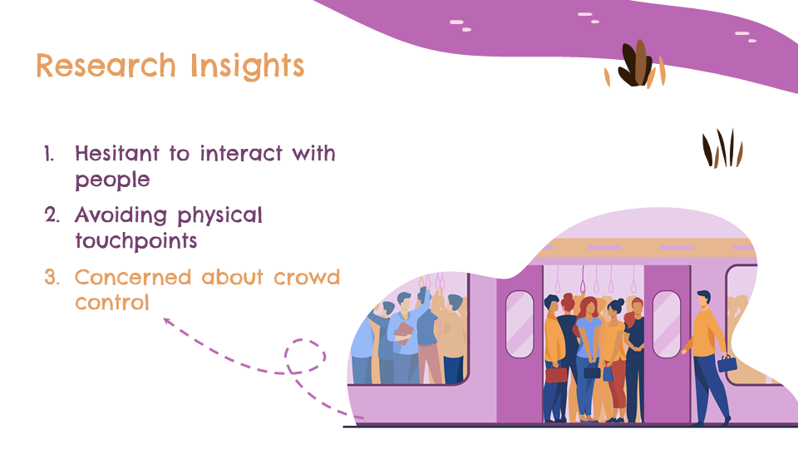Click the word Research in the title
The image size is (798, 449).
(x=106, y=66)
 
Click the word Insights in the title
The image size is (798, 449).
(x=248, y=67)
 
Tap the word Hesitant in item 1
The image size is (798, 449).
(x=117, y=153)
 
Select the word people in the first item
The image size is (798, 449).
(x=112, y=180)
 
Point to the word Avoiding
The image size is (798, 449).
(x=121, y=216)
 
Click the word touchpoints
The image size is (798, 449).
(x=135, y=241)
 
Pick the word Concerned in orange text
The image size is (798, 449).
(x=133, y=278)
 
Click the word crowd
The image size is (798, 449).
(x=307, y=278)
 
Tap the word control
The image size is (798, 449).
(x=112, y=303)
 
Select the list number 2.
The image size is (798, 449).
(x=52, y=215)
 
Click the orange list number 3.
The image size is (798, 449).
(x=52, y=278)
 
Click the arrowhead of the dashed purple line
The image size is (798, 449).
(x=167, y=322)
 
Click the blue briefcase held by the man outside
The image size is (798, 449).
(x=727, y=363)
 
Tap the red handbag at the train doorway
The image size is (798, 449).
(x=556, y=375)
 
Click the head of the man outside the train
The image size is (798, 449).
(x=704, y=299)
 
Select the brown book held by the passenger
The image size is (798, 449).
(x=403, y=333)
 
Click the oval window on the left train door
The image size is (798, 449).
(x=520, y=324)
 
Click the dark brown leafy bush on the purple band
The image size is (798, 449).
(x=634, y=64)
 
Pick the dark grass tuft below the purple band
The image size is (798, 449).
(x=722, y=149)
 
